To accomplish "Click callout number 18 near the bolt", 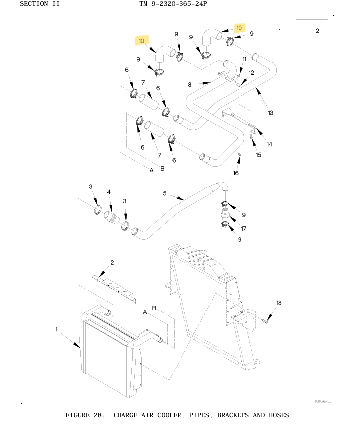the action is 279,303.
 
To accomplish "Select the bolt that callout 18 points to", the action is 264,321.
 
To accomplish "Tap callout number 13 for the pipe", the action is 270,113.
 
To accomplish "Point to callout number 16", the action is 236,173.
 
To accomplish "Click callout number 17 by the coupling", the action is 244,229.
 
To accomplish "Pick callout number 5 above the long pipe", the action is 165,193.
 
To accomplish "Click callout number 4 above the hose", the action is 109,192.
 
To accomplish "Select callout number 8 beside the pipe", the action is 189,84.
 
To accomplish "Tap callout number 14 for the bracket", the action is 269,144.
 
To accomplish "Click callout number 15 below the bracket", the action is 259,155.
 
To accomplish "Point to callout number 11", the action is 244,59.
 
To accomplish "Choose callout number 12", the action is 251,73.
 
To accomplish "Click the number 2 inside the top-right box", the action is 317,31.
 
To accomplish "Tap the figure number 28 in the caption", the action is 98,415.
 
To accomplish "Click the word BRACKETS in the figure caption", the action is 233,415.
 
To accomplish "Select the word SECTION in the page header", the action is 34,4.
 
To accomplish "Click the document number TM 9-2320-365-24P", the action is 173,4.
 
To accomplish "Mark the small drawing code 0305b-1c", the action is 323,401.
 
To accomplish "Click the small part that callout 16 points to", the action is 239,154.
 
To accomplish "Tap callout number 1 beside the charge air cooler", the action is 57,329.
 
